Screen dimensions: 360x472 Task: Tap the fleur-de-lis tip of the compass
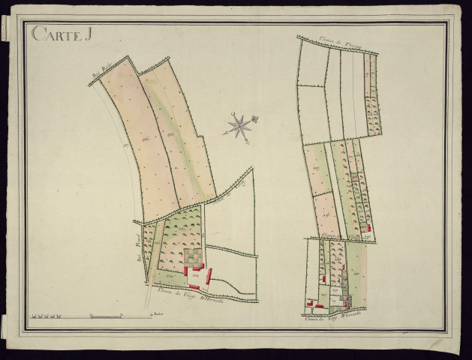click(254, 118)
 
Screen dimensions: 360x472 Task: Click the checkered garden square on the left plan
click(194, 257)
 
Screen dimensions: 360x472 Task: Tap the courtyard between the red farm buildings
click(194, 276)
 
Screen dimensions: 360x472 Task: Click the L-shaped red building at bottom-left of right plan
click(309, 303)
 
